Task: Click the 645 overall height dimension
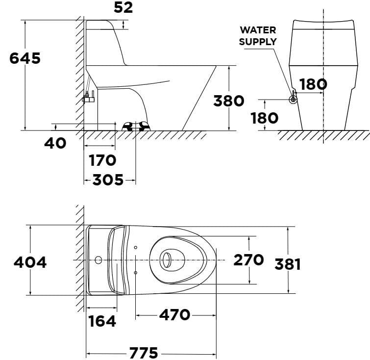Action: pos(25,58)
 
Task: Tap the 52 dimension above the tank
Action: pos(123,7)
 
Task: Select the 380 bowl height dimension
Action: pos(228,101)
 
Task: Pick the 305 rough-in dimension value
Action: pos(108,180)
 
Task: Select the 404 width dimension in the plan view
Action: pos(30,262)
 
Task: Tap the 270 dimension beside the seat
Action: pos(248,260)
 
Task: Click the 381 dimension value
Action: pos(287,264)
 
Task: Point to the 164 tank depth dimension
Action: pos(102,321)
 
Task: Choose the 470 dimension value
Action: pos(174,314)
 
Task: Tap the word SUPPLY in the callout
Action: pos(258,42)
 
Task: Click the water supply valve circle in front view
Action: pos(293,100)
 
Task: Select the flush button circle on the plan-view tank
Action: pos(99,259)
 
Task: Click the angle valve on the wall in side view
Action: pos(88,98)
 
